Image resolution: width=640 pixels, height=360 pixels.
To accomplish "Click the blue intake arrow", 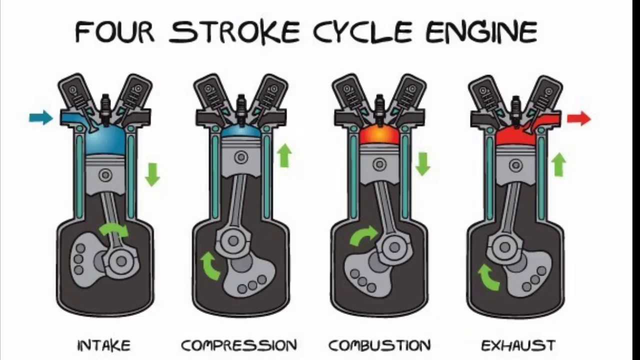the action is pyautogui.click(x=41, y=117).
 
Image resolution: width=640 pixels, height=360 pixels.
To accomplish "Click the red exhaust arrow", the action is pyautogui.click(x=579, y=118).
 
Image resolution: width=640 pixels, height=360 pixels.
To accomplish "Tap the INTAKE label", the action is pyautogui.click(x=104, y=345).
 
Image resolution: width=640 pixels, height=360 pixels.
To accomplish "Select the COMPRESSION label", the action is pyautogui.click(x=239, y=345).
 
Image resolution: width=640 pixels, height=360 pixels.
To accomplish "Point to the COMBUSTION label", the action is pyautogui.click(x=379, y=345).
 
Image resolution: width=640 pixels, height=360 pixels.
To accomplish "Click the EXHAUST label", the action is pyautogui.click(x=518, y=345).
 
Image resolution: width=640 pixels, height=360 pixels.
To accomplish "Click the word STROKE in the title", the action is pyautogui.click(x=234, y=31).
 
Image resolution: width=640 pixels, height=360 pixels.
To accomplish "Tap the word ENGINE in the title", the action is pyautogui.click(x=482, y=31).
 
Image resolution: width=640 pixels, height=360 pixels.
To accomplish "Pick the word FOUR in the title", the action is pyautogui.click(x=114, y=31).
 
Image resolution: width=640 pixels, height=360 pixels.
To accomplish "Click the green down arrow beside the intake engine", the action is pyautogui.click(x=152, y=174).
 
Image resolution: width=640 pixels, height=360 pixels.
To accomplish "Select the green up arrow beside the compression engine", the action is pyautogui.click(x=284, y=155).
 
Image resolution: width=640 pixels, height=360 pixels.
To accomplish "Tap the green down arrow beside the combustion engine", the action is pyautogui.click(x=423, y=164).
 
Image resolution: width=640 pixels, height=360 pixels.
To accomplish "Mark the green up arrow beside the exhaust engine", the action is pyautogui.click(x=558, y=164).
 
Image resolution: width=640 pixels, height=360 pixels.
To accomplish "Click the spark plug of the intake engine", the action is pyautogui.click(x=105, y=110).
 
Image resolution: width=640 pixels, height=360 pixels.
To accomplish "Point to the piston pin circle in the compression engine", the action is pyautogui.click(x=241, y=157).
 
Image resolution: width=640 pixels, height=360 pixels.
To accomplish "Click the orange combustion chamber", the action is pyautogui.click(x=379, y=135).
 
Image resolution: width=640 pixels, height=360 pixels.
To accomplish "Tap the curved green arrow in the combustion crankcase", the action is pyautogui.click(x=363, y=235).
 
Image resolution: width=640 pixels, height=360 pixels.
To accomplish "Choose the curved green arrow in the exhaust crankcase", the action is pyautogui.click(x=488, y=277).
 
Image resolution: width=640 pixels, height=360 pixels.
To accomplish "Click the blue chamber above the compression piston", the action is pyautogui.click(x=241, y=131).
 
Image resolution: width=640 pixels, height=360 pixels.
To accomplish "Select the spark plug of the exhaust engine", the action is pyautogui.click(x=516, y=111).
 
